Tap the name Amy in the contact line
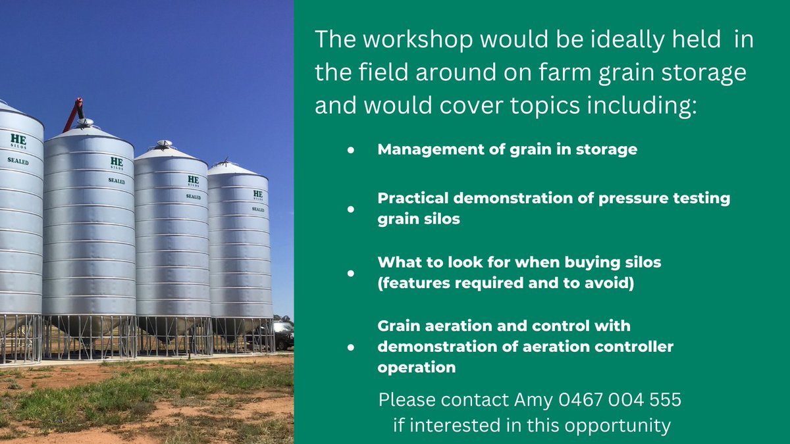pos(533,399)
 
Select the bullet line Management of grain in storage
pos(507,149)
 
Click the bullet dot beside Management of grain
pos(351,150)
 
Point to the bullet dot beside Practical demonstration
pos(351,209)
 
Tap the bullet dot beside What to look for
pos(351,272)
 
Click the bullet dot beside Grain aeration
pos(351,346)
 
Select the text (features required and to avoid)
pos(505,284)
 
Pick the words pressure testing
pos(666,199)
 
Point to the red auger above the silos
pos(74,112)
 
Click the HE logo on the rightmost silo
pos(257,195)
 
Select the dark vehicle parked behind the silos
pos(284,336)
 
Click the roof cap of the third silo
pos(164,143)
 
